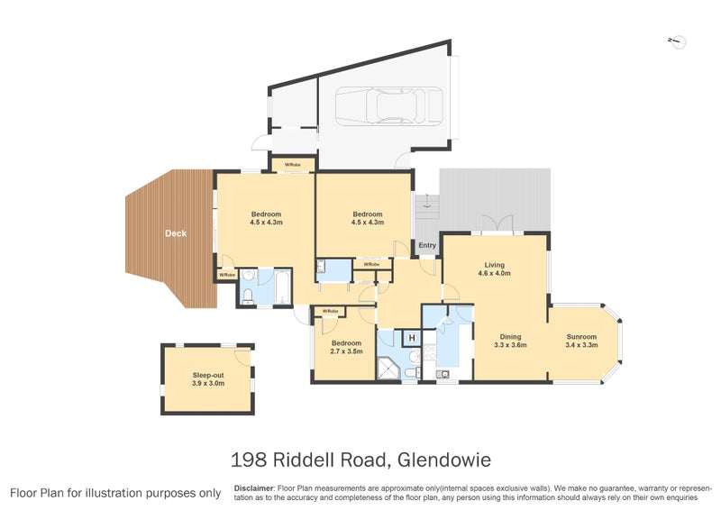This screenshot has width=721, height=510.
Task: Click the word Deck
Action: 176,233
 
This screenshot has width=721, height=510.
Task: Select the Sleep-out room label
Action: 207,374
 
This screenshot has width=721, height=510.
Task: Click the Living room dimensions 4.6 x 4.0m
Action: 493,274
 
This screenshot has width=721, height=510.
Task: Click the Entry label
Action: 427,245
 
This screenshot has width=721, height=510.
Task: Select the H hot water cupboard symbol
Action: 412,338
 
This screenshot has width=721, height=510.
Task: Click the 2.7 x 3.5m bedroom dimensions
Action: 346,351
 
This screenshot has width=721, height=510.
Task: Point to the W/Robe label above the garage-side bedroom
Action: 293,165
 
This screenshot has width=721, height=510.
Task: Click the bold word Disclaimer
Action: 254,487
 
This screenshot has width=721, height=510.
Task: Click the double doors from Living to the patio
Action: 495,224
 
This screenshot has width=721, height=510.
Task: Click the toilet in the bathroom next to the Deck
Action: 248,295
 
